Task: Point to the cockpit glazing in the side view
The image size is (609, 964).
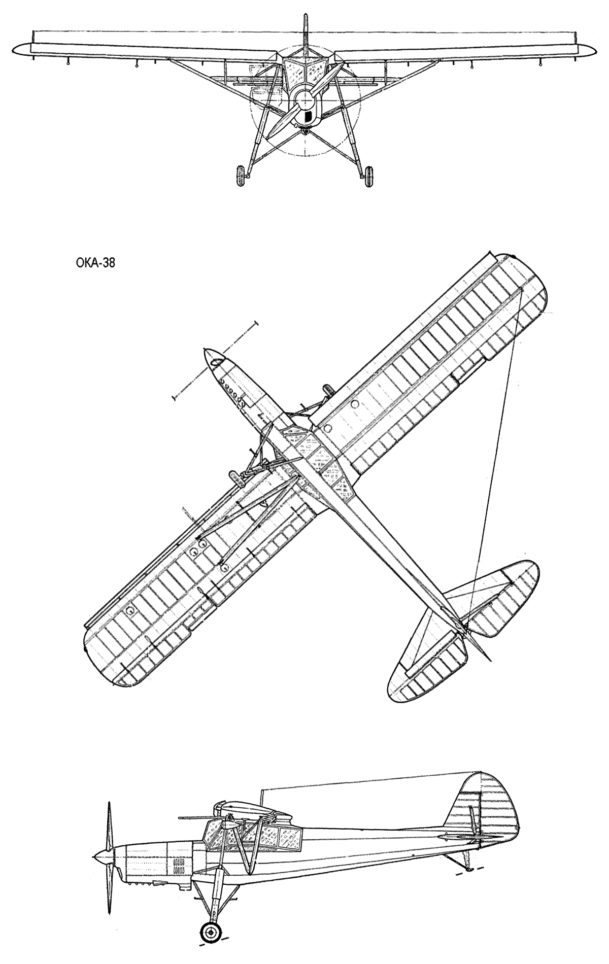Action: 254,832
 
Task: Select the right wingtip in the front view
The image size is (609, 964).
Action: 587,49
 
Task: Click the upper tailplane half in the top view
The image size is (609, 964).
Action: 500,591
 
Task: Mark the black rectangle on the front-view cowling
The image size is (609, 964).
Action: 307,117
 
